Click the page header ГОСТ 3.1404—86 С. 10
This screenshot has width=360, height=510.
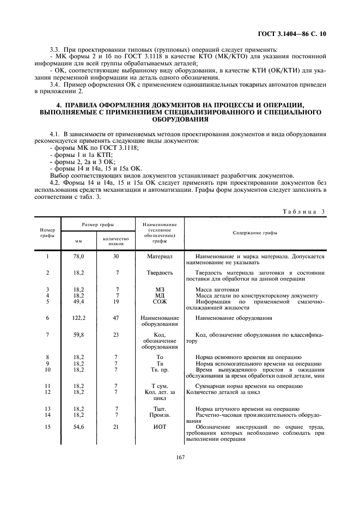(x=295, y=34)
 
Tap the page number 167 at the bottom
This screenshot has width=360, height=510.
(x=180, y=458)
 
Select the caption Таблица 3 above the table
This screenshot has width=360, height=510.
(x=307, y=211)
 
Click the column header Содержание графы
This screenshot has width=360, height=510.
(x=254, y=233)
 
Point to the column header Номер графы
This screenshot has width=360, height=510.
(x=47, y=233)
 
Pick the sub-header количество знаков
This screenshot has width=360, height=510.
(x=115, y=241)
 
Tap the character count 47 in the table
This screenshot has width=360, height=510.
(x=115, y=318)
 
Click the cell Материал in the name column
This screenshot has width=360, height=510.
(x=160, y=256)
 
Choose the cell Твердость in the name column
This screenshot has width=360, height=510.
(x=160, y=272)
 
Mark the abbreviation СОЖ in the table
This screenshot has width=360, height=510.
(x=160, y=301)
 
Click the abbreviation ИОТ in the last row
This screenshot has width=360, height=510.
(x=160, y=427)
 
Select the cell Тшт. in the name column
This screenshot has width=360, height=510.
(x=160, y=409)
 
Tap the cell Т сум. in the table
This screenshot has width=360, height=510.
(x=160, y=386)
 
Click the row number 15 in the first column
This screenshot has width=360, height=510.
(x=47, y=427)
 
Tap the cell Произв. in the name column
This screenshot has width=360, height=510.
(x=160, y=415)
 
